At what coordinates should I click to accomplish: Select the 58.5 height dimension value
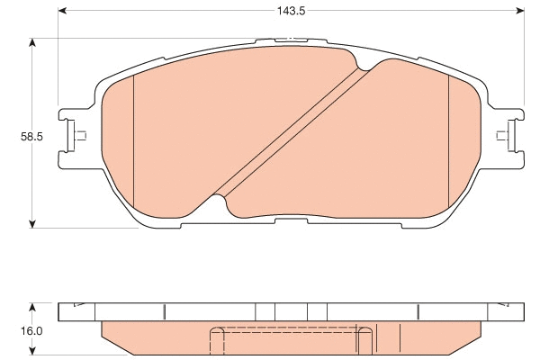click(x=31, y=138)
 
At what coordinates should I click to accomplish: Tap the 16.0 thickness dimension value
click(x=31, y=330)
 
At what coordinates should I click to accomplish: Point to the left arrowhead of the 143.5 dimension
click(x=63, y=13)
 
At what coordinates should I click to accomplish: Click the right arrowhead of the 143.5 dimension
click(x=519, y=13)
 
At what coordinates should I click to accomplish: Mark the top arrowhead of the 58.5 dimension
click(x=33, y=42)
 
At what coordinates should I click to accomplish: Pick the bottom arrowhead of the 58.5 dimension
click(x=33, y=220)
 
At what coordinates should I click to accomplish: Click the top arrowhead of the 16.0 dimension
click(x=33, y=307)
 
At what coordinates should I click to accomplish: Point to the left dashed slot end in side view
click(x=215, y=340)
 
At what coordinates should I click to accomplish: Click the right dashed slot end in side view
click(x=364, y=340)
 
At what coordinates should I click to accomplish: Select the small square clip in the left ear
click(x=78, y=137)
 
